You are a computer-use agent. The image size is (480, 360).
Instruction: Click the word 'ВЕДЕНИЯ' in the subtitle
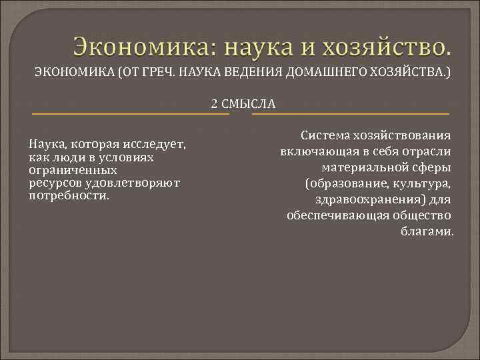[x=257, y=72]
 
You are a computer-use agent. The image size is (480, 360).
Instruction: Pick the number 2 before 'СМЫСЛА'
[x=214, y=103]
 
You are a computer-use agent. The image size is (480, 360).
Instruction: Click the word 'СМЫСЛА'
[x=247, y=103]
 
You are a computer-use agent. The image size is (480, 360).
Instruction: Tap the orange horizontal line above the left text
[x=130, y=114]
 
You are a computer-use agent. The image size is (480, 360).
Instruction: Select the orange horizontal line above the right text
[x=350, y=114]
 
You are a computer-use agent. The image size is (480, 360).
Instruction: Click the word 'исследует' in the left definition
[x=155, y=145]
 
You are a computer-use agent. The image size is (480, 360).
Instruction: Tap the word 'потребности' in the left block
[x=67, y=196]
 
